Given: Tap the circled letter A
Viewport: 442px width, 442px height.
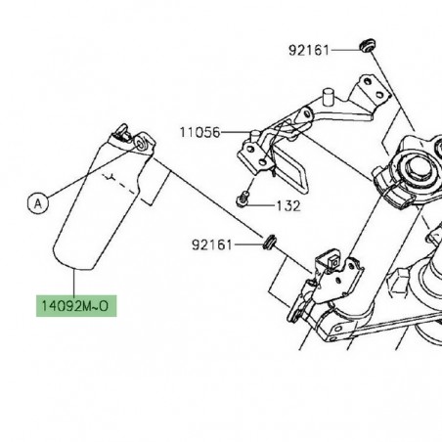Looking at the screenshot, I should point(37,203).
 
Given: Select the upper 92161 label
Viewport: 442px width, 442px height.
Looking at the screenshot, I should point(310,48).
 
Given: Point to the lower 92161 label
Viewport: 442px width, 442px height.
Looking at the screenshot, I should point(212,243).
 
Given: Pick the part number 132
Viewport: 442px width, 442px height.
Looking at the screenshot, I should point(287,207).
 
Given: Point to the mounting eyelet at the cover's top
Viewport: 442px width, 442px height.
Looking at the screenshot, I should point(142,144).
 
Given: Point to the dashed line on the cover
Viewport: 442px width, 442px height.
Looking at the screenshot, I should point(122,181).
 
